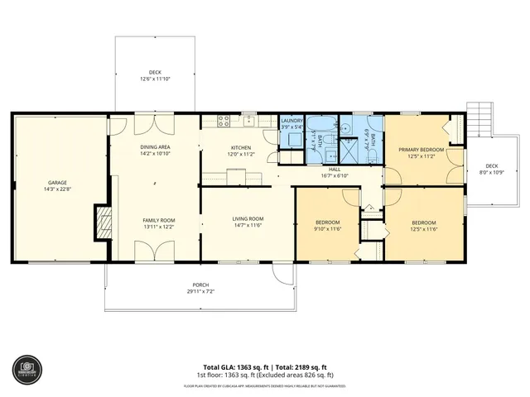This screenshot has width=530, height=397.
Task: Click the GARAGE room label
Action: click(x=57, y=183)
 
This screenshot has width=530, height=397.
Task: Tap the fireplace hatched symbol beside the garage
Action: click(x=103, y=222)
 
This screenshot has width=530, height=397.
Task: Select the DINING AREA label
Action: click(x=155, y=147)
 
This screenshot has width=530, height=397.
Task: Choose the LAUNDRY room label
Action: click(x=291, y=121)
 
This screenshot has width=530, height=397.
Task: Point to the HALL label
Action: click(x=334, y=169)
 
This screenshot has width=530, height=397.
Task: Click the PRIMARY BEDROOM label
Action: click(x=422, y=150)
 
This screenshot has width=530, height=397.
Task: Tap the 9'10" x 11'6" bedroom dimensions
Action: click(x=329, y=229)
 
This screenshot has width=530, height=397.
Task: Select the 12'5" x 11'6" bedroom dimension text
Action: click(x=424, y=229)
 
